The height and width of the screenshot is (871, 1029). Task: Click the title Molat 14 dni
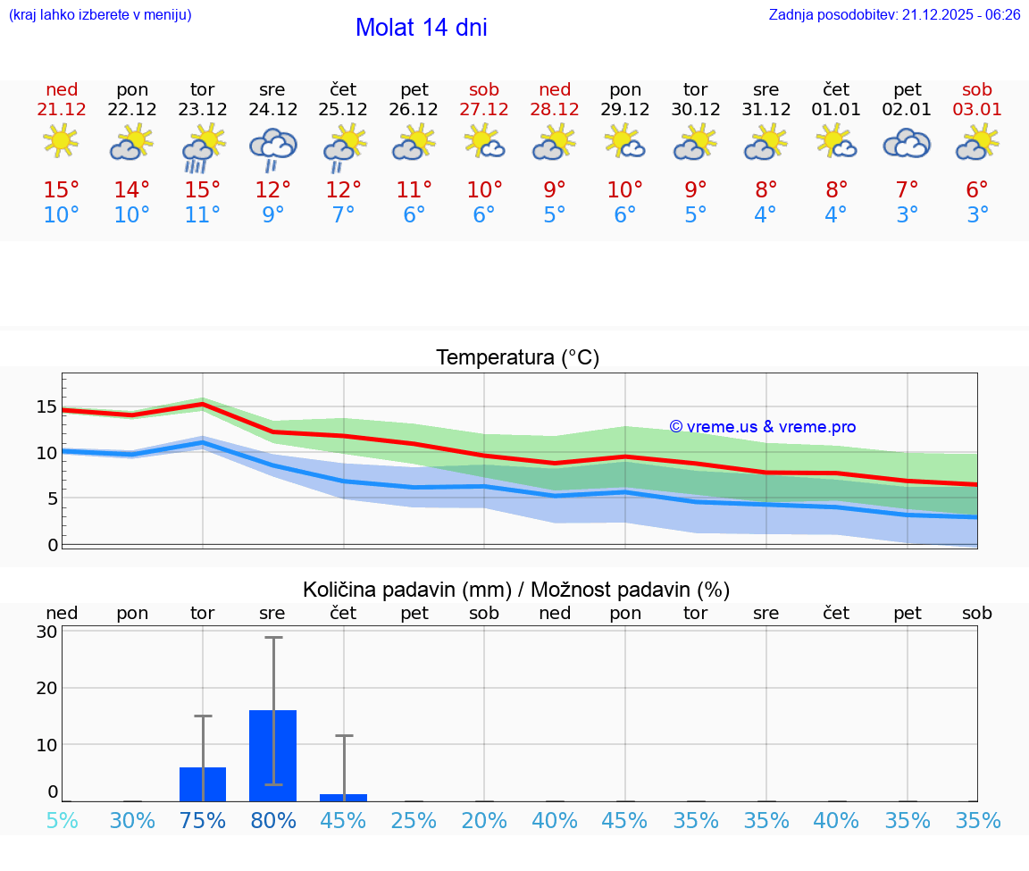[421, 28]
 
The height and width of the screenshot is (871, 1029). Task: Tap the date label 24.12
[272, 110]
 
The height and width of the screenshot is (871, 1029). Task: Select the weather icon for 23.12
[203, 147]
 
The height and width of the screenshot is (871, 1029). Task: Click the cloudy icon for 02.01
[907, 144]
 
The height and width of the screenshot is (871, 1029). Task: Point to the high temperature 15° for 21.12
[62, 190]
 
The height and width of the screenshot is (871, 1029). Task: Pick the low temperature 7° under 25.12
[343, 215]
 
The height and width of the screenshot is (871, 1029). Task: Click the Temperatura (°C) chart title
[517, 358]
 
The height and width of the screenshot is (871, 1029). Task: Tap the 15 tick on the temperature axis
[46, 407]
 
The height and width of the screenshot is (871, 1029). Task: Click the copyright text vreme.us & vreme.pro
[762, 427]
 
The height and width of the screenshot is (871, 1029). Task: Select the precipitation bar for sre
[272, 756]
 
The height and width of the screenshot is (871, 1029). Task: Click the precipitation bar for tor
[203, 784]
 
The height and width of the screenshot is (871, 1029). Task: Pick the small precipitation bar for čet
[343, 798]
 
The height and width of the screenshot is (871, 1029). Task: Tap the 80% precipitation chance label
[272, 821]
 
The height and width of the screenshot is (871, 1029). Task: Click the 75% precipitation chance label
[203, 821]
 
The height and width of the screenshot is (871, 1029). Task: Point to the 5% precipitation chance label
[62, 821]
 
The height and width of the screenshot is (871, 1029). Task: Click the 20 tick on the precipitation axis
[46, 688]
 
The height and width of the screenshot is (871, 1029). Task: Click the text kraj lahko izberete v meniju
[100, 15]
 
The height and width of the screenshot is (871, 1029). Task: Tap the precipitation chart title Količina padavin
[516, 590]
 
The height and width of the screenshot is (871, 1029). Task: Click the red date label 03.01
[977, 110]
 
